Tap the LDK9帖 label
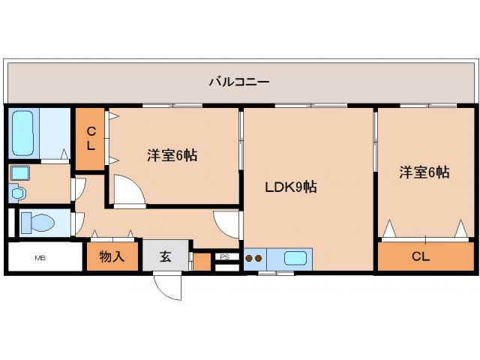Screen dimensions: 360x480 point(290,187)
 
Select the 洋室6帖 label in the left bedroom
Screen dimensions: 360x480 point(172,156)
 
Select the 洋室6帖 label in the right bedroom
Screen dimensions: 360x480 point(424,172)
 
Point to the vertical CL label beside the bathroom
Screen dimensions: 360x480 point(90,139)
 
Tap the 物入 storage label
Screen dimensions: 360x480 point(112,256)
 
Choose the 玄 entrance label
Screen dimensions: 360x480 point(165,256)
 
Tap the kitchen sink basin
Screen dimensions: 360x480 point(295,259)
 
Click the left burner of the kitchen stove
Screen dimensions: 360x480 point(250,259)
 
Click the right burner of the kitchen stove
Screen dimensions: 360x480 point(259,259)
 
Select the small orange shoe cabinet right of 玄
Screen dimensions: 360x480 point(201,261)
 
